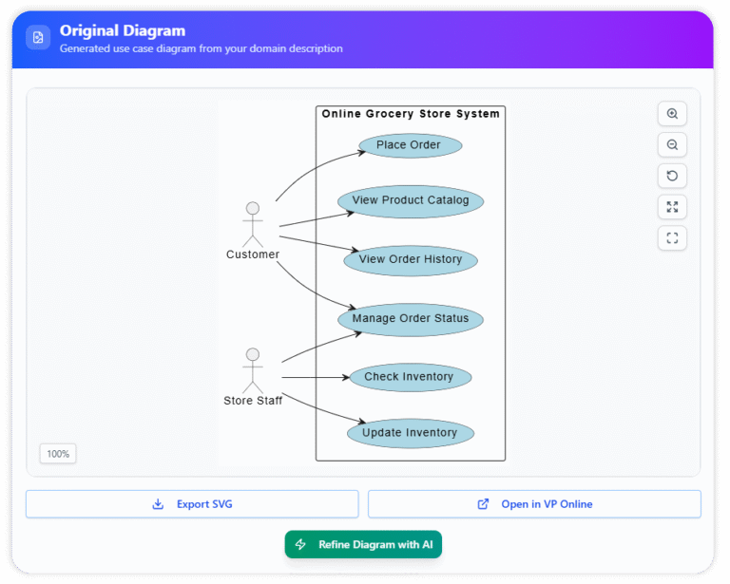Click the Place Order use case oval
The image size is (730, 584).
[410, 145]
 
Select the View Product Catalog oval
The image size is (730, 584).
[411, 200]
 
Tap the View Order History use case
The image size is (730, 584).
[411, 259]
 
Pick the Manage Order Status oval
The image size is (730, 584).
[411, 319]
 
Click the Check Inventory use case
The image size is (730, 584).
[410, 377]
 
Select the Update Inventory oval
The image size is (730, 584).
[410, 433]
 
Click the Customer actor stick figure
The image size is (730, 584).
[253, 224]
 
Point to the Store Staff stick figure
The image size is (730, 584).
[253, 370]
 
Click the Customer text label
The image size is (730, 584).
[253, 254]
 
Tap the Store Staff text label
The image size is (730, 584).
[253, 401]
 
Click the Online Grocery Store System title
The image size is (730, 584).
[411, 114]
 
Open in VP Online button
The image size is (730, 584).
[534, 504]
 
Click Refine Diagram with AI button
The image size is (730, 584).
[363, 544]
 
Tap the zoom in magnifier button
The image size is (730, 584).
[672, 114]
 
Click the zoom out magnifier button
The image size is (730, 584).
[672, 145]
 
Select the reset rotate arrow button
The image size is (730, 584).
[672, 176]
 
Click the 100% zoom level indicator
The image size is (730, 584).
[58, 454]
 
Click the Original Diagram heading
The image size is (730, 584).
[123, 31]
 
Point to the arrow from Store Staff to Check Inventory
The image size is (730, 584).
[314, 377]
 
